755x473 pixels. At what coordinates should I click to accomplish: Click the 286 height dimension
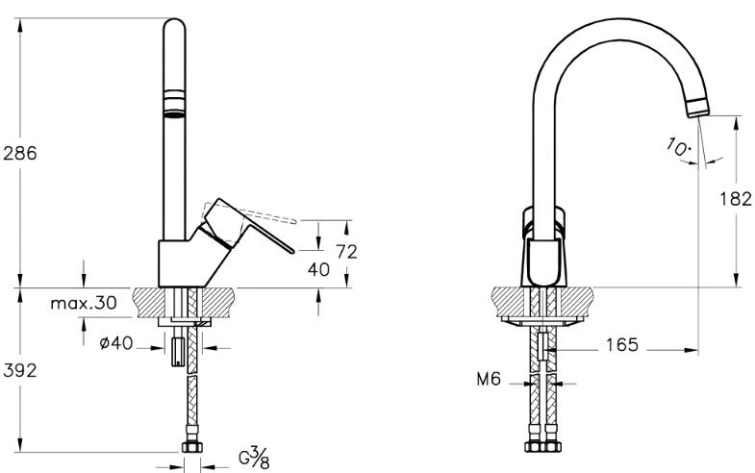click(x=20, y=153)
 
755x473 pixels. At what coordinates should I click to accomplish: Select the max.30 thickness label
click(x=84, y=303)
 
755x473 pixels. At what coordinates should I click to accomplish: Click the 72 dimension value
click(x=346, y=252)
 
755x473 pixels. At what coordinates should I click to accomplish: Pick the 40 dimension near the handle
click(x=318, y=270)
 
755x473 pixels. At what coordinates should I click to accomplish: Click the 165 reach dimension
click(x=621, y=345)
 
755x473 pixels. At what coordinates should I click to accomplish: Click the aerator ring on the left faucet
click(x=172, y=103)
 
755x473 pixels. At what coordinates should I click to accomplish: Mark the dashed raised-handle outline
click(x=274, y=213)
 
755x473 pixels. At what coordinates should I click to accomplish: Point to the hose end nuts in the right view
click(x=541, y=447)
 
